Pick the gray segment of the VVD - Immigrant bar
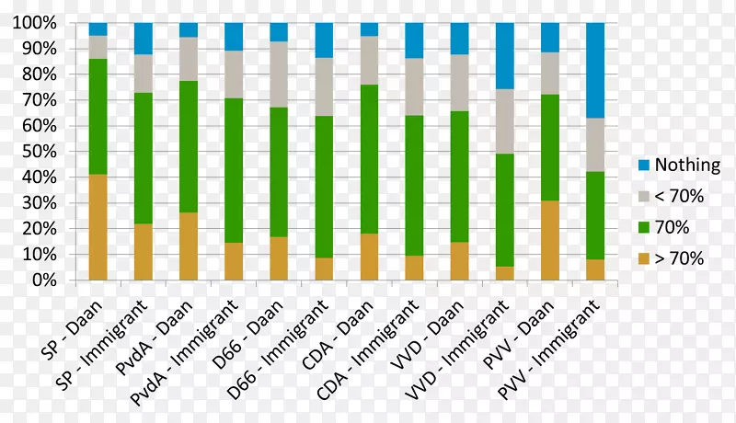pos(505,121)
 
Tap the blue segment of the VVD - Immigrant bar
pos(505,56)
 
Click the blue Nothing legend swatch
pos(645,166)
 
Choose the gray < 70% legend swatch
pos(645,197)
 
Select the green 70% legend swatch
pos(645,228)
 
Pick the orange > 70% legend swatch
pos(645,259)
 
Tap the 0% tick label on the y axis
pos(46,280)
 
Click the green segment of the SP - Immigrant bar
pos(143,145)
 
